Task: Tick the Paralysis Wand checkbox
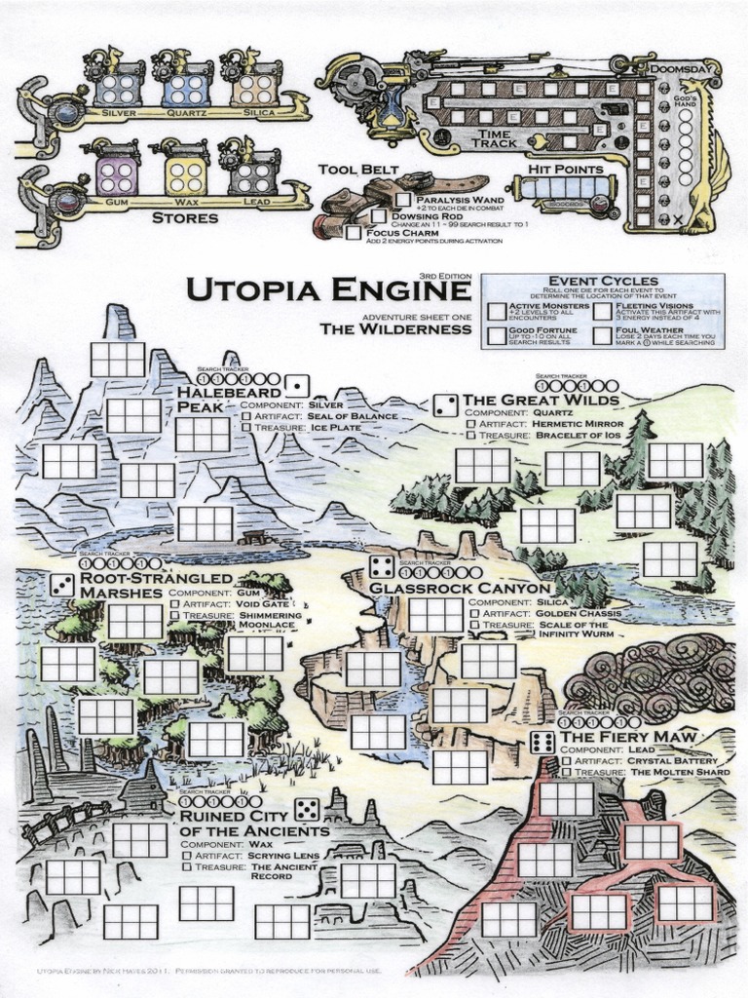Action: (x=403, y=200)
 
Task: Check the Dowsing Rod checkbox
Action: (x=378, y=216)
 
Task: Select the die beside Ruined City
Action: (x=306, y=809)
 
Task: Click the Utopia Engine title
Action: (x=326, y=291)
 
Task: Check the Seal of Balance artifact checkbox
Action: (x=245, y=416)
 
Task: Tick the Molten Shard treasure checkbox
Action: (x=565, y=772)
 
